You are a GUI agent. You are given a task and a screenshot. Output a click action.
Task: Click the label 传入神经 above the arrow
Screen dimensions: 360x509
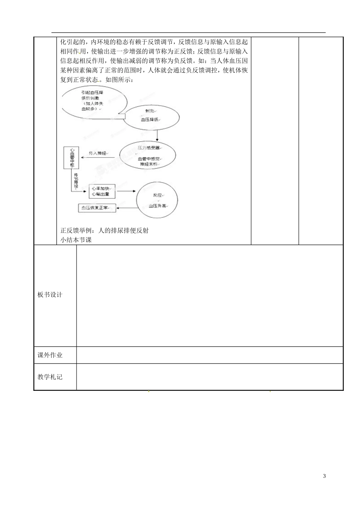(98, 153)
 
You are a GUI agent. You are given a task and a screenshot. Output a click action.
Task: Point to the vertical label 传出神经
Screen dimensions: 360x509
(76, 181)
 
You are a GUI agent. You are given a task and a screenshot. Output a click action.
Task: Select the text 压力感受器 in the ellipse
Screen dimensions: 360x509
(149, 147)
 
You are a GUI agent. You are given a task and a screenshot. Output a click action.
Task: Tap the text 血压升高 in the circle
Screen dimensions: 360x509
(157, 206)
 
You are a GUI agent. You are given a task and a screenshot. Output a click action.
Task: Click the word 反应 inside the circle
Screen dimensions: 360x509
(157, 195)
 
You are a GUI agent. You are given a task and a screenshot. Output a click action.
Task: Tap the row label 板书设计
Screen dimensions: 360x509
(50, 295)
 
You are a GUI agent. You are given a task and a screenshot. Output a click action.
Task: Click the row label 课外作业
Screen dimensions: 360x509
(50, 355)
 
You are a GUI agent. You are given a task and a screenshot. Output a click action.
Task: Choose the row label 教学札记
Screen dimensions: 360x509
(50, 377)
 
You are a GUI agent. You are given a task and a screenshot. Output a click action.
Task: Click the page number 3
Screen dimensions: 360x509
(324, 476)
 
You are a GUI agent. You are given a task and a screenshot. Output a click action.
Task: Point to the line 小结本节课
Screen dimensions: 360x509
(76, 240)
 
